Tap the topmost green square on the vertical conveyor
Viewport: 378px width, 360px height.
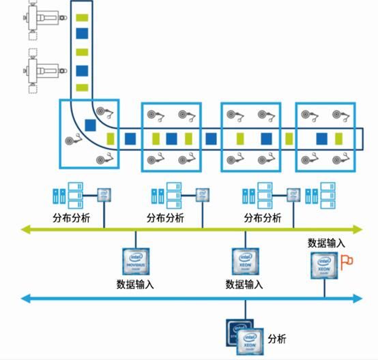pos(83,16)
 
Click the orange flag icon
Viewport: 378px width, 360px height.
pos(347,260)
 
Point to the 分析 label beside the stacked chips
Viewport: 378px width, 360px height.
pos(277,338)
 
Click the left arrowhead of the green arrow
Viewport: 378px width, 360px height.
pos(25,230)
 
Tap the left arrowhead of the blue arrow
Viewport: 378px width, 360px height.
pos(25,298)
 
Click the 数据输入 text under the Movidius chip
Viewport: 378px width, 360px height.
pos(135,284)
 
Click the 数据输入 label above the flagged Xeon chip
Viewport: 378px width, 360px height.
pos(326,242)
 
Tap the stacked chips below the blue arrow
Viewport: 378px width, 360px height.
pos(244,335)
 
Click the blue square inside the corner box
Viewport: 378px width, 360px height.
pos(91,124)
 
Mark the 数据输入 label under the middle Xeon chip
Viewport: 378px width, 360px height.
pos(243,284)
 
